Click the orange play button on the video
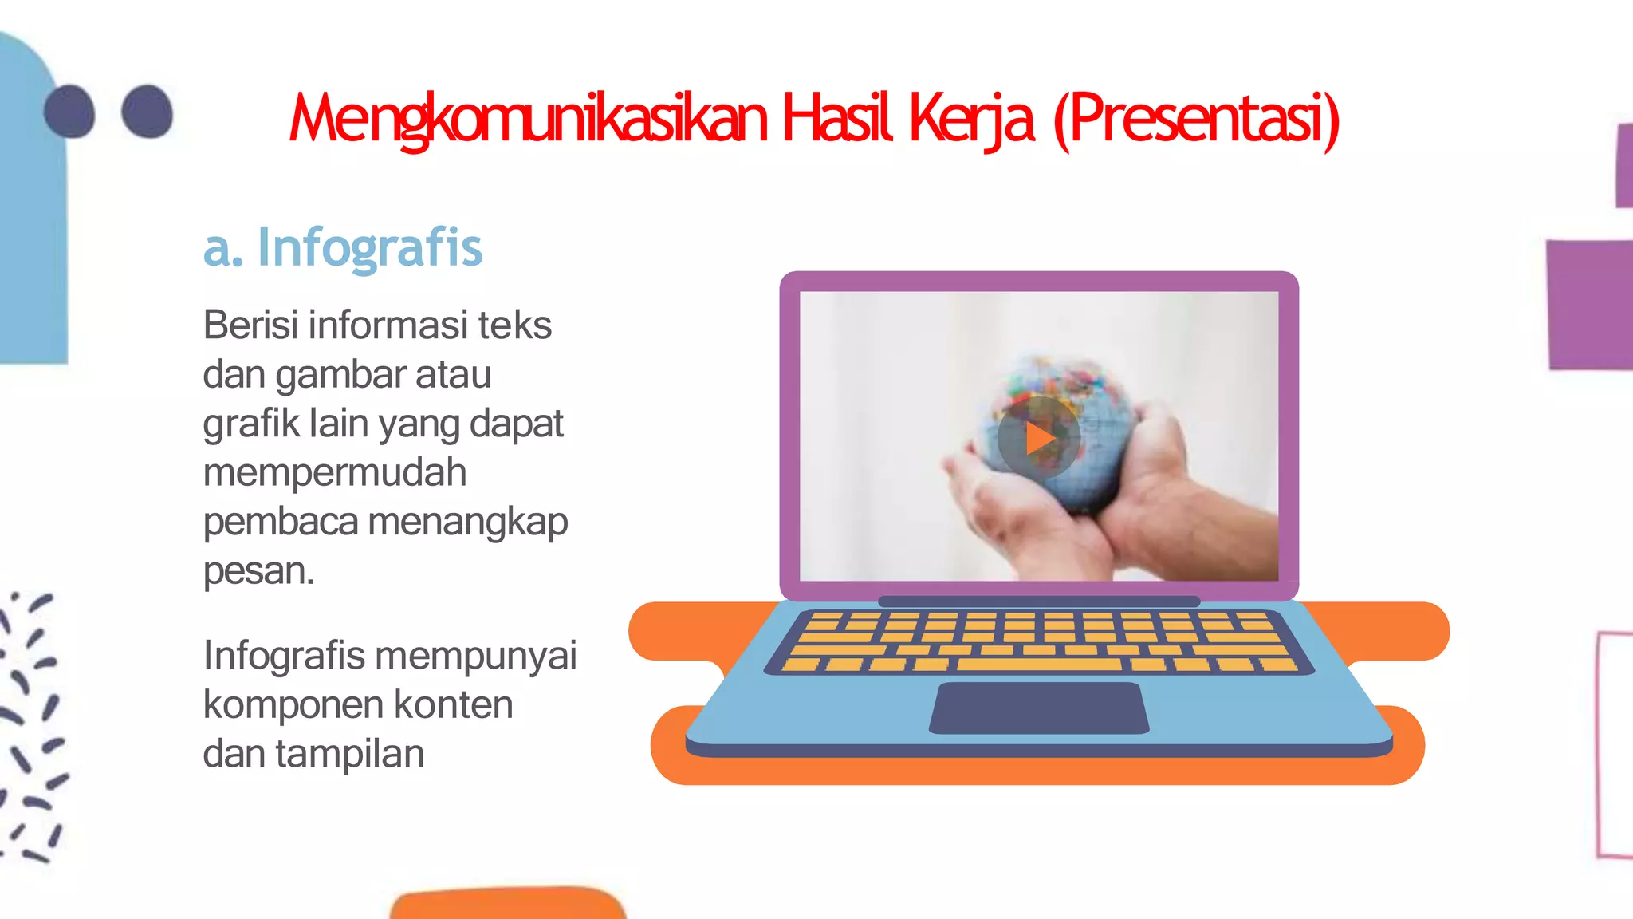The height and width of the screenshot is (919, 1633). (x=1039, y=438)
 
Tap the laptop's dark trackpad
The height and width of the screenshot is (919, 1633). (x=1039, y=708)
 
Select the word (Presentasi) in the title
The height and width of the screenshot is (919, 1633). (x=1196, y=120)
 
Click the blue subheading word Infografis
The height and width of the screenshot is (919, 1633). (x=370, y=248)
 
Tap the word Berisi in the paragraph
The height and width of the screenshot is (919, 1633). (x=251, y=325)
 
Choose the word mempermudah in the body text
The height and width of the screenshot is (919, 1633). (x=335, y=473)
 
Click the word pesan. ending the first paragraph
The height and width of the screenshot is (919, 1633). (x=258, y=572)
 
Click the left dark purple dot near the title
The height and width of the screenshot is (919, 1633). (x=70, y=112)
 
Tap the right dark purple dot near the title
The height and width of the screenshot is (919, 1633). (x=148, y=112)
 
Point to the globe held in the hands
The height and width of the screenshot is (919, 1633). (x=1053, y=415)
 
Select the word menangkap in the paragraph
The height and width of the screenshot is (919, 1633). (x=468, y=523)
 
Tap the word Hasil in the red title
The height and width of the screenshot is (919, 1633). (x=837, y=120)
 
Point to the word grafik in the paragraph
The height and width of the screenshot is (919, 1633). (x=250, y=424)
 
